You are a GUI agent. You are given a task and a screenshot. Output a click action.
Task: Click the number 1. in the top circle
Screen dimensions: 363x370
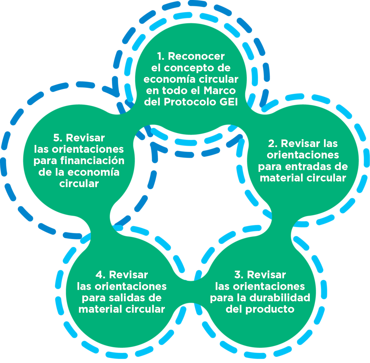(x=160, y=56)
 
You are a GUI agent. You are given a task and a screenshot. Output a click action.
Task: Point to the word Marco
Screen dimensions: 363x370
(x=223, y=91)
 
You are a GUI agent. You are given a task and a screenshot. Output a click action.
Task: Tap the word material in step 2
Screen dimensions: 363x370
(x=281, y=178)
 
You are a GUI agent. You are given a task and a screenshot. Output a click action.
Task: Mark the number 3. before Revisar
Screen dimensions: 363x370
(x=239, y=275)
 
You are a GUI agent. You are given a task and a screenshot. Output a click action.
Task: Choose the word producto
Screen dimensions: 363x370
(x=271, y=309)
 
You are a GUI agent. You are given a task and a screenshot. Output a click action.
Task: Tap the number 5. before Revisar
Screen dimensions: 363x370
(x=58, y=137)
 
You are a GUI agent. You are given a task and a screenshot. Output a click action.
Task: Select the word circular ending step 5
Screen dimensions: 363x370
(x=79, y=184)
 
